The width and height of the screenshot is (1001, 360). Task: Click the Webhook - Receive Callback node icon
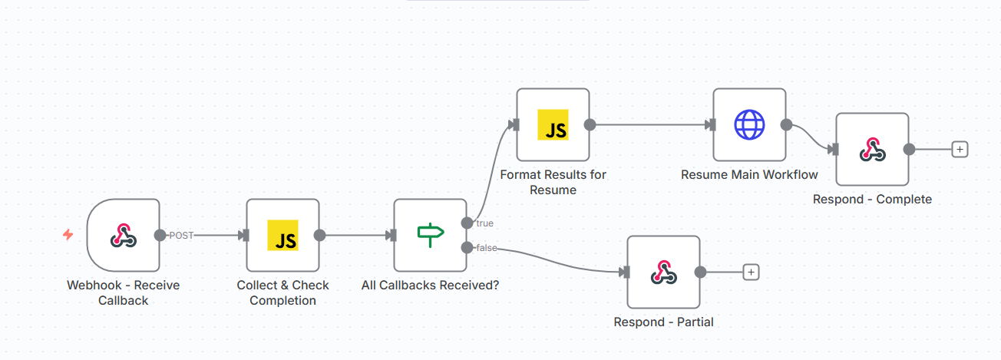[123, 235]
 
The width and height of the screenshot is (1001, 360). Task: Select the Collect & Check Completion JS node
[282, 235]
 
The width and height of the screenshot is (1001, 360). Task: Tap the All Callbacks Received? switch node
[430, 235]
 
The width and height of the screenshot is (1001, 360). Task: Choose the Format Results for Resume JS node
[553, 124]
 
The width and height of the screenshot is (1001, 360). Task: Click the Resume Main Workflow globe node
[749, 124]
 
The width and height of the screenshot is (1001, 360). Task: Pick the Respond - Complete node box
[872, 149]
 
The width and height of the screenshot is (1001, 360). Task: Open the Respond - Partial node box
[663, 272]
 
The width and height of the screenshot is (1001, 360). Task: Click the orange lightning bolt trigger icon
[68, 235]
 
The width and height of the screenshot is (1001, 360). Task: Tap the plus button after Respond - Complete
[959, 149]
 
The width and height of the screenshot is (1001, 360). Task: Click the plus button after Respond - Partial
[752, 272]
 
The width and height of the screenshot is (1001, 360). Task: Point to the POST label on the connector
[181, 236]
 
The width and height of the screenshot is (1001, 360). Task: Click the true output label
[484, 223]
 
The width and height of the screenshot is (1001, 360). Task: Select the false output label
[486, 247]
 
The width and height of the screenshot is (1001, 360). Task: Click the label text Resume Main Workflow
[749, 175]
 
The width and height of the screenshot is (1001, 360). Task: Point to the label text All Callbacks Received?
[430, 286]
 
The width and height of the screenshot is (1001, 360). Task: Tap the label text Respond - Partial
[663, 322]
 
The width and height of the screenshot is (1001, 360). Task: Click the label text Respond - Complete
[872, 200]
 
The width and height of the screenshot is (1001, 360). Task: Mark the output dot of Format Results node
[590, 124]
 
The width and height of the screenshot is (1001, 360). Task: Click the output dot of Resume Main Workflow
[786, 124]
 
